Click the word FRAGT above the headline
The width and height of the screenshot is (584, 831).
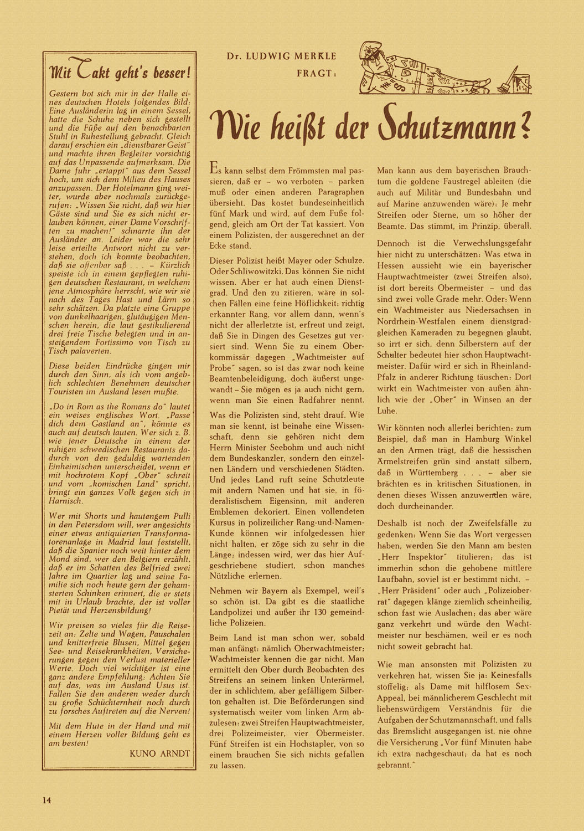(x=317, y=73)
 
